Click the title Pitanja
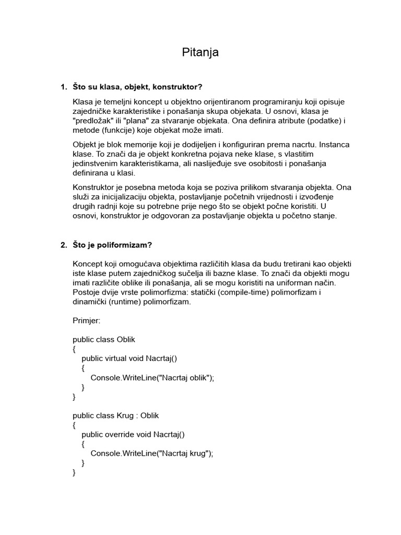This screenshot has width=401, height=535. click(200, 52)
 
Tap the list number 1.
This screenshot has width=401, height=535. click(63, 86)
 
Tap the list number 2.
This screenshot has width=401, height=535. click(63, 245)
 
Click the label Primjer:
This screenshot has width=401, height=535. click(88, 320)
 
